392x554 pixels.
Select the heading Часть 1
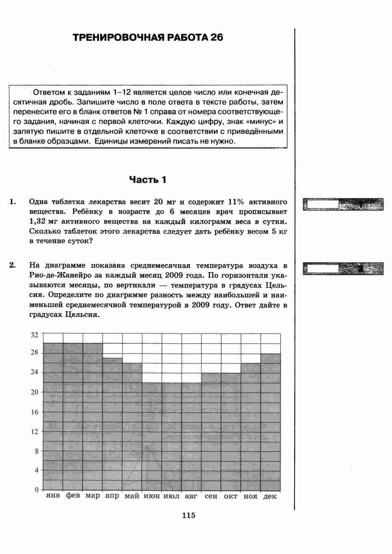pos(148,180)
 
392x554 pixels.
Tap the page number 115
pos(189,515)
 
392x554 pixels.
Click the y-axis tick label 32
pos(34,335)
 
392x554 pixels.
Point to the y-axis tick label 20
pos(34,392)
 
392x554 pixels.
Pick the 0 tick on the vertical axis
pos(37,490)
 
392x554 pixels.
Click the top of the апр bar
pos(112,358)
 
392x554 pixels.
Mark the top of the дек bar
pos(271,354)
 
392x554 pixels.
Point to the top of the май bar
pos(132,363)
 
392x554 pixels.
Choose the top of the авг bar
pos(191,383)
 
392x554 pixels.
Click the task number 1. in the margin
pos(12,202)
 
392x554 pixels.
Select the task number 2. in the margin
pos(12,265)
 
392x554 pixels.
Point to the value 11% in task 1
pos(236,202)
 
